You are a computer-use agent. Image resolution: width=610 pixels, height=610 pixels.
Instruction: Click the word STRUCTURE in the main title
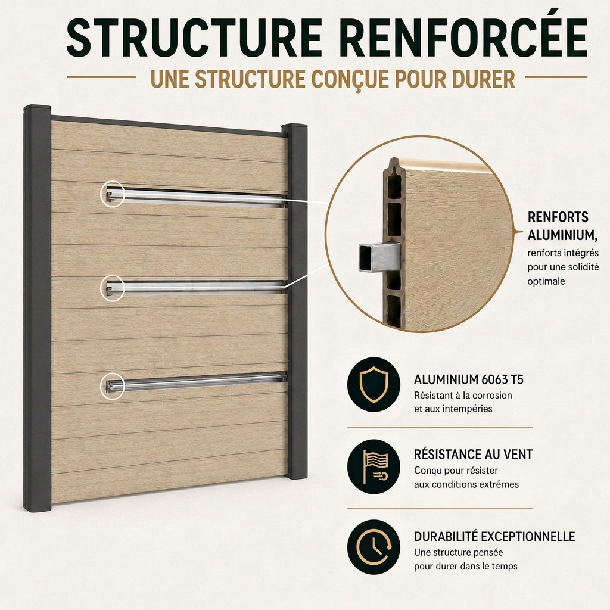coord(194,38)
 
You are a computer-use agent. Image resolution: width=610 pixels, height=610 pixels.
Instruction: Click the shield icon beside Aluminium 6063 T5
coord(374,384)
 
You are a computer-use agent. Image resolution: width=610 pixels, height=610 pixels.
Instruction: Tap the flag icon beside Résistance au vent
coord(374,466)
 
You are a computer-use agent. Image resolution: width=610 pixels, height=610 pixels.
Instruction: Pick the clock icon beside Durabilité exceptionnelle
coord(374,547)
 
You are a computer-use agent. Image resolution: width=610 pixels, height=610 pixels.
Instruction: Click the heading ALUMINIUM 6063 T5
coord(468,379)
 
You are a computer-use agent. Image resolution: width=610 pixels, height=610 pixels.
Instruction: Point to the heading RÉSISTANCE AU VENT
coord(473,454)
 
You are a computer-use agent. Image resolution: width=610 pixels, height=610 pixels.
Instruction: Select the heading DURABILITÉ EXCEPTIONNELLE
coord(494,537)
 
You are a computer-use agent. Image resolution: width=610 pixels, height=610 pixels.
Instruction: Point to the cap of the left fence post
coord(38,108)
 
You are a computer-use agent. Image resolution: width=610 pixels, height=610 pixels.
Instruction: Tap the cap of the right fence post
coord(294,127)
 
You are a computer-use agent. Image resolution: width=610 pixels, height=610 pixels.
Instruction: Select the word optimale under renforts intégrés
coord(546,281)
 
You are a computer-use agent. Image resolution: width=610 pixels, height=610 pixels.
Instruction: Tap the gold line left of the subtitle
coord(101,77)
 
